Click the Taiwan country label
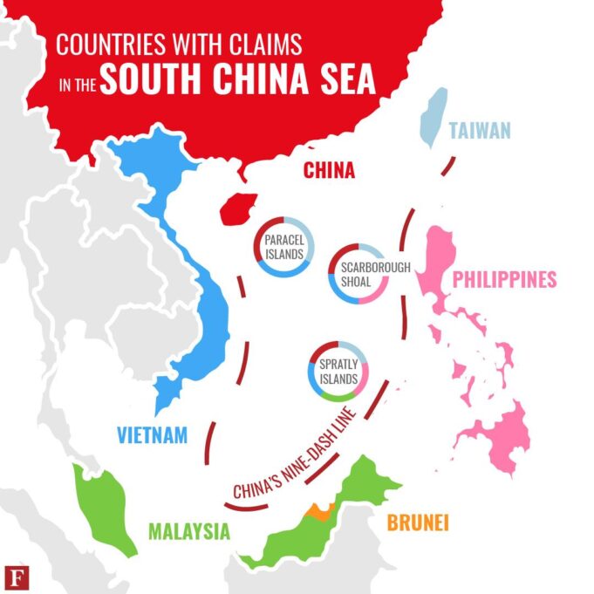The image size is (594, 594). click(479, 131)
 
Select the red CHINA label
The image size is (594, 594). click(329, 171)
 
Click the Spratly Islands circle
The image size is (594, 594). click(338, 372)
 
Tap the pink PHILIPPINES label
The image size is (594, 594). click(504, 280)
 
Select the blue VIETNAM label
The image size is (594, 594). click(152, 434)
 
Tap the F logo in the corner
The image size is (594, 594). click(15, 577)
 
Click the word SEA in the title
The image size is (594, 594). click(343, 79)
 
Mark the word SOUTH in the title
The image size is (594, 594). click(147, 79)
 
